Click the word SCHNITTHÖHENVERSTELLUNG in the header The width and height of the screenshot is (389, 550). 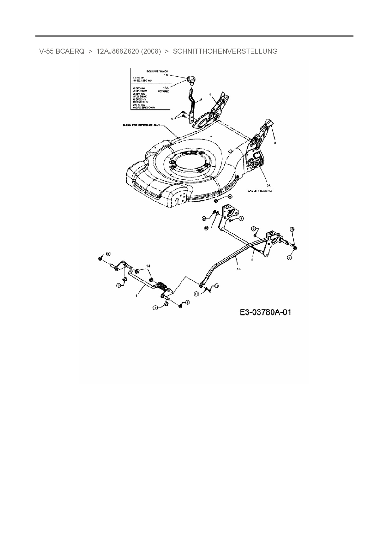(x=225, y=51)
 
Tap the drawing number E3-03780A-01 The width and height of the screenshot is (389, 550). (x=265, y=312)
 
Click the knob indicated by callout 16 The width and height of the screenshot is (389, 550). (x=191, y=79)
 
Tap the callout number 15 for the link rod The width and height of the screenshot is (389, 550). (x=239, y=269)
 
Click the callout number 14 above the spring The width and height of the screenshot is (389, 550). (x=148, y=266)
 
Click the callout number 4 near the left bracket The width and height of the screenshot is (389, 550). (x=210, y=94)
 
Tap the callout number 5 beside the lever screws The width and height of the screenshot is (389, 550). (x=172, y=119)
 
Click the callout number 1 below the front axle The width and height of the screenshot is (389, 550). (x=136, y=295)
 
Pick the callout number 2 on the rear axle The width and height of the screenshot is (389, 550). (x=252, y=260)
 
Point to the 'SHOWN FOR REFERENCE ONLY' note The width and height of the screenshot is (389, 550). (x=141, y=125)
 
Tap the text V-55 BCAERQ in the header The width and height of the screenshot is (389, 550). (x=62, y=51)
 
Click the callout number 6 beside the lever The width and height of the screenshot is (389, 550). (x=201, y=99)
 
